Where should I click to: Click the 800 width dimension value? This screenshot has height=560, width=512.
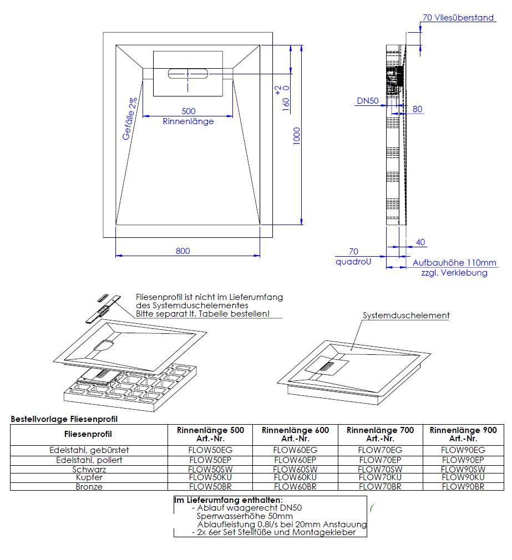coord(183,251)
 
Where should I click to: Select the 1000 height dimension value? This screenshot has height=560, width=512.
coord(297,136)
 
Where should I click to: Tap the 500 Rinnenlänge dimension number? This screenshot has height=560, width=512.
coord(188,111)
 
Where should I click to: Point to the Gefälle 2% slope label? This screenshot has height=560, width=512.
coord(130,119)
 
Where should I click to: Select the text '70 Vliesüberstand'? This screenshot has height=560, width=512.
coord(458,18)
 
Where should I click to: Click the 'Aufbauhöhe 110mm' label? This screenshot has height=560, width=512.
coord(454,263)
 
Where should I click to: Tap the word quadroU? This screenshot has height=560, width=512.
coord(353,261)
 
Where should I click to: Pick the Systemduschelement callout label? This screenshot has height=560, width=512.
coord(406,315)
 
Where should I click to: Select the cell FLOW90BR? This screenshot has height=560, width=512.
coord(463,486)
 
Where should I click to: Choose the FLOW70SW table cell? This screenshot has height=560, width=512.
coord(380,469)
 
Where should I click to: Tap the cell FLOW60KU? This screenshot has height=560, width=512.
coord(295,477)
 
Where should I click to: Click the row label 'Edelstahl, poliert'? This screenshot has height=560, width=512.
coord(89,460)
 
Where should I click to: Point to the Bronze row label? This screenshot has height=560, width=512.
coord(89,486)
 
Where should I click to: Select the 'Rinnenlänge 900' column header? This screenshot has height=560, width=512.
coord(463,430)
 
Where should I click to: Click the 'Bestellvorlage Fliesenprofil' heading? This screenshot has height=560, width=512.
coord(64,419)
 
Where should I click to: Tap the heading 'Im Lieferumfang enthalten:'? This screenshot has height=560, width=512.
coord(228,500)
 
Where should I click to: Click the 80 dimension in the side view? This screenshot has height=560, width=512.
coord(418,109)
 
